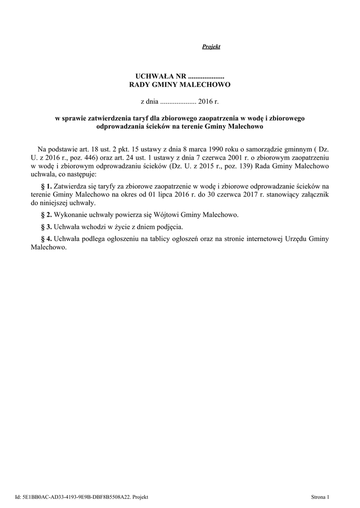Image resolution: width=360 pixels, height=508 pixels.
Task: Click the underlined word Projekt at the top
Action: click(211, 47)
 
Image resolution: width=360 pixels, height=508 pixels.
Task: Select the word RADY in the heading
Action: click(140, 85)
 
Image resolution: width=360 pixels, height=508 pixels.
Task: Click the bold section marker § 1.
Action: click(46, 186)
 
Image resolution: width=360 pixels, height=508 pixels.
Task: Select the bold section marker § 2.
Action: click(46, 215)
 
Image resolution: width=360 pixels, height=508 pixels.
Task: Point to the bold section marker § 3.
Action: click(46, 227)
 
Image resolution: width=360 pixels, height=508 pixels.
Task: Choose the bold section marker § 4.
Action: click(46, 239)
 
